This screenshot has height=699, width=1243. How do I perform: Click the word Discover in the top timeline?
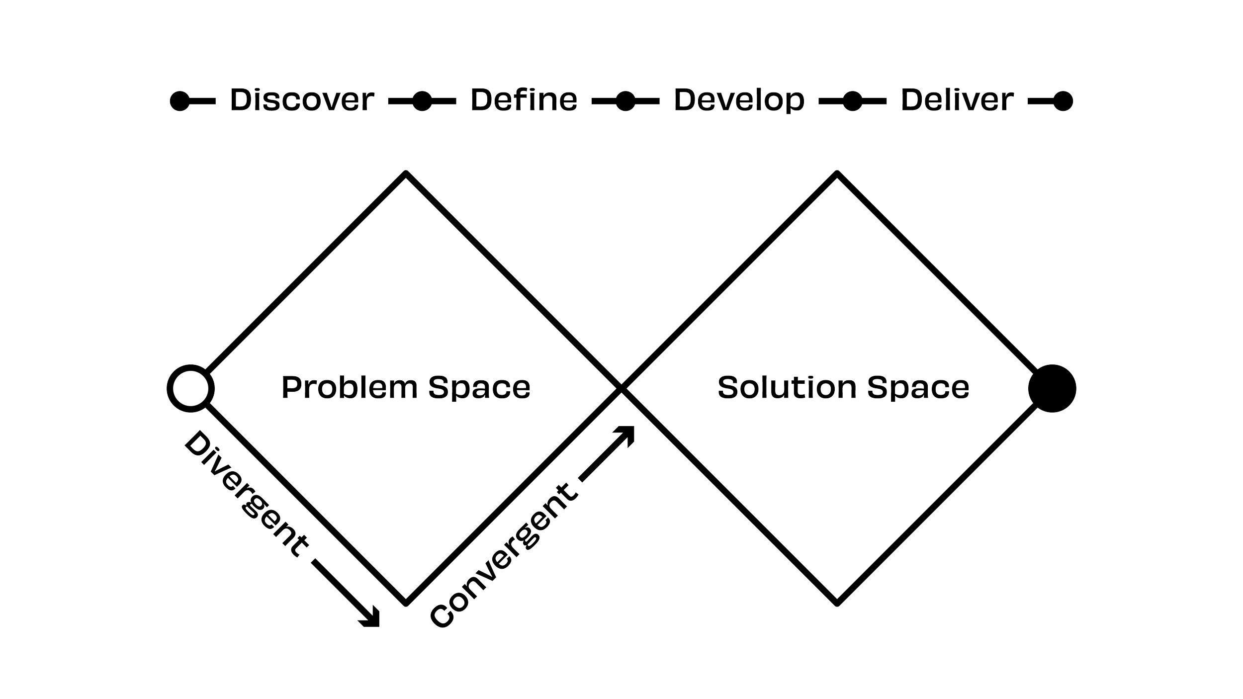(x=301, y=100)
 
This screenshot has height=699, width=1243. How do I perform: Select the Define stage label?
(x=524, y=100)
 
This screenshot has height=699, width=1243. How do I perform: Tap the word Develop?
(x=739, y=100)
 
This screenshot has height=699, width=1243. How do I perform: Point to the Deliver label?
(x=957, y=100)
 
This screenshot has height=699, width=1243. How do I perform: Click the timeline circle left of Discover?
(x=179, y=101)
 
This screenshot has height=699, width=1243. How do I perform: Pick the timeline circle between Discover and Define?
(x=422, y=101)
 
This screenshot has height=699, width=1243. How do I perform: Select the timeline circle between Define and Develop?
(x=625, y=101)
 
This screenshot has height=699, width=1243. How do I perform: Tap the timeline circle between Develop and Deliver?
(x=852, y=101)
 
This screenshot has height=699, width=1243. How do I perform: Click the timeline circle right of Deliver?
(x=1064, y=101)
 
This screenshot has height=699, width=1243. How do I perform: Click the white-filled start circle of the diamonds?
(x=190, y=388)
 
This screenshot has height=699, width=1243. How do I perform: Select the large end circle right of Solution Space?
(x=1052, y=388)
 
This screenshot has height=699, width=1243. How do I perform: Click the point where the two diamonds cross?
(x=621, y=388)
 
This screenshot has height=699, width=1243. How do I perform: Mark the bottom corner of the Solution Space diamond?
(x=837, y=604)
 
